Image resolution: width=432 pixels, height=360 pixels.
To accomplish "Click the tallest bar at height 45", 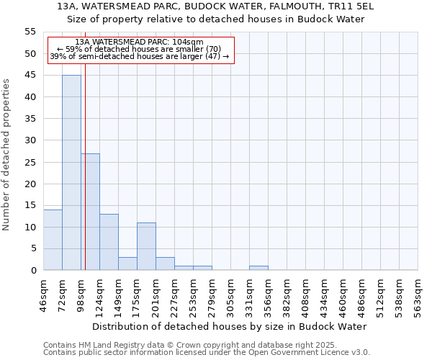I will (71, 173).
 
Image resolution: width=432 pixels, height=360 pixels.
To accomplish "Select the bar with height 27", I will (90, 212).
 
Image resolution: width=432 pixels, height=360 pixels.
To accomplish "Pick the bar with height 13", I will (109, 242).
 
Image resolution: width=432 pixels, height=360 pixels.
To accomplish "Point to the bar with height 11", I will (146, 246).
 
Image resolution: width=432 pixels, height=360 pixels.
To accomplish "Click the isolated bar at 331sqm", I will (258, 268).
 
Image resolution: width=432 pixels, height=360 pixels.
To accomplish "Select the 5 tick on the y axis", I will (33, 248).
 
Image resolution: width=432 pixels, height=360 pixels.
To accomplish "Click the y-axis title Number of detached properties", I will (7, 155).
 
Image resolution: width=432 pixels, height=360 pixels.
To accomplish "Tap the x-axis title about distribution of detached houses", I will (230, 326).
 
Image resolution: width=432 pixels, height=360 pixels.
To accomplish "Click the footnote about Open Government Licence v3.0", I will (207, 353).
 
